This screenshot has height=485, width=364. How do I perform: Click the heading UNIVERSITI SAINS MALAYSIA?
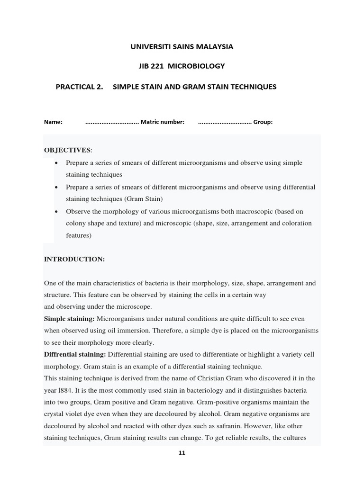[x=182, y=47]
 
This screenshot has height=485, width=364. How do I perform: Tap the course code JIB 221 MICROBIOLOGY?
[x=182, y=66]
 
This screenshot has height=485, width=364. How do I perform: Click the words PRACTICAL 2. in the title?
[x=80, y=87]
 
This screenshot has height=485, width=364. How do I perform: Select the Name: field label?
[x=54, y=122]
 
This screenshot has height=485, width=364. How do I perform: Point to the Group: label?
[x=263, y=122]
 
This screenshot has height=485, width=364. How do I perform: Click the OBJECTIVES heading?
[x=67, y=150]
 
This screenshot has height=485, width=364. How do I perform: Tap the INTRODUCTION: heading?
[x=74, y=259]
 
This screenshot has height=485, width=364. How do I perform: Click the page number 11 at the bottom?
[x=182, y=453]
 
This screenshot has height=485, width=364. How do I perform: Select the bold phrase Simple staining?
[x=69, y=319]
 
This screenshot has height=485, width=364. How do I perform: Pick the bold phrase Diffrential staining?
[x=75, y=354]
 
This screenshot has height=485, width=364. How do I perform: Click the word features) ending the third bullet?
[x=79, y=235]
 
